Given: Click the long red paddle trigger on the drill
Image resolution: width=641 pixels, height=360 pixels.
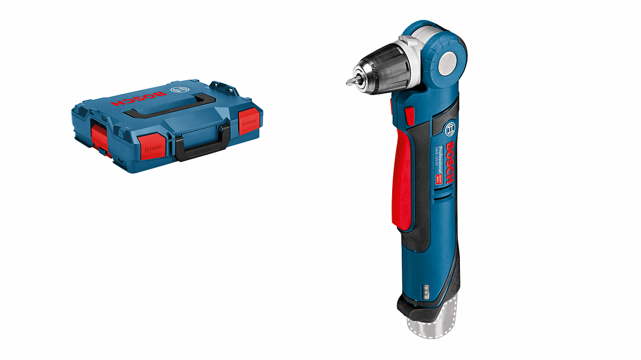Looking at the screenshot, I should click(404, 177).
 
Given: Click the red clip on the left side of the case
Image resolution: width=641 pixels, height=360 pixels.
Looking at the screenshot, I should click(98, 137).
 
